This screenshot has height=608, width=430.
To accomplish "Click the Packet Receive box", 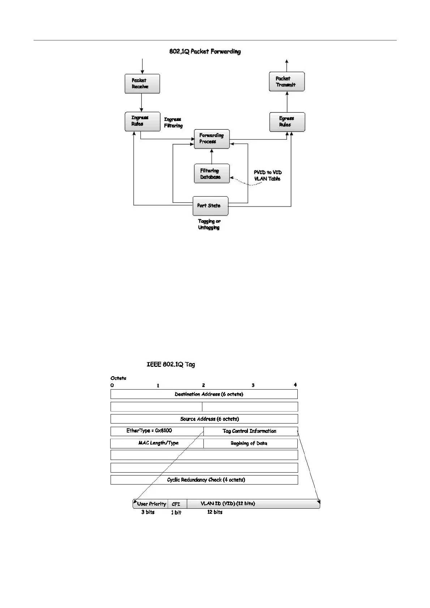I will click(142, 84).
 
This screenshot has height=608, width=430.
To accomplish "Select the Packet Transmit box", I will click(287, 82).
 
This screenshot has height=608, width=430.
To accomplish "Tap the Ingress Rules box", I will click(142, 121).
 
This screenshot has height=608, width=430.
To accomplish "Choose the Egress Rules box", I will click(287, 122).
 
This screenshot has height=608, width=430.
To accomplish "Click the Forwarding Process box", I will click(212, 139).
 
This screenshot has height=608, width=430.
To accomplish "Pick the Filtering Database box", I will click(212, 174).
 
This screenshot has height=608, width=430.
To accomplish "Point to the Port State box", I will click(210, 206).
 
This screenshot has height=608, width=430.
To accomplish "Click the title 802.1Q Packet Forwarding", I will click(205, 51).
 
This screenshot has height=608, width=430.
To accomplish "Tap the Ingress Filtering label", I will click(173, 122).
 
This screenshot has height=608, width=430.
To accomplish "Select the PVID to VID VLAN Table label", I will click(267, 175).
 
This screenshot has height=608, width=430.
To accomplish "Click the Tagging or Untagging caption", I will click(209, 224).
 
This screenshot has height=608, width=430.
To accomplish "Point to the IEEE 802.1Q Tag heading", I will click(171, 364).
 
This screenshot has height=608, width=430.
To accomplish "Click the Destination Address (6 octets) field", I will click(204, 394).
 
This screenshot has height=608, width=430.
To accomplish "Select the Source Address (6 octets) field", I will click(204, 419).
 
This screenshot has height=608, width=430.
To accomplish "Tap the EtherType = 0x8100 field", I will click(157, 431).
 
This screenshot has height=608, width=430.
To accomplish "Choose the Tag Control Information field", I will click(250, 431).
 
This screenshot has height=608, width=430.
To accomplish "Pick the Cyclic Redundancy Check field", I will click(204, 480).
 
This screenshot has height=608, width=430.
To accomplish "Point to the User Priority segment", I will click(151, 504).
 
